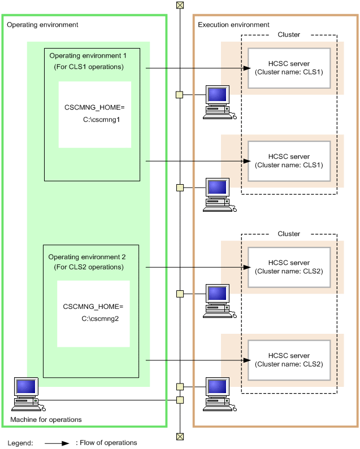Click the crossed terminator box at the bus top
tap(180, 5)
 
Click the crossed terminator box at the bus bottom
tap(180, 436)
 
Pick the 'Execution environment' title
tap(233, 25)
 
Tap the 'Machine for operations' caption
tap(46, 420)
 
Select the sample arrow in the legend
tap(57, 443)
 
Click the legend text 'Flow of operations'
tap(106, 443)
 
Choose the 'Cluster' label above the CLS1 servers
tap(289, 34)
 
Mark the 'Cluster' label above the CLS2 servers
tap(289, 234)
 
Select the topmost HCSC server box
tap(289, 68)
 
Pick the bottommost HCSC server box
tap(289, 360)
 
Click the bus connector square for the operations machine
tap(180, 400)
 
